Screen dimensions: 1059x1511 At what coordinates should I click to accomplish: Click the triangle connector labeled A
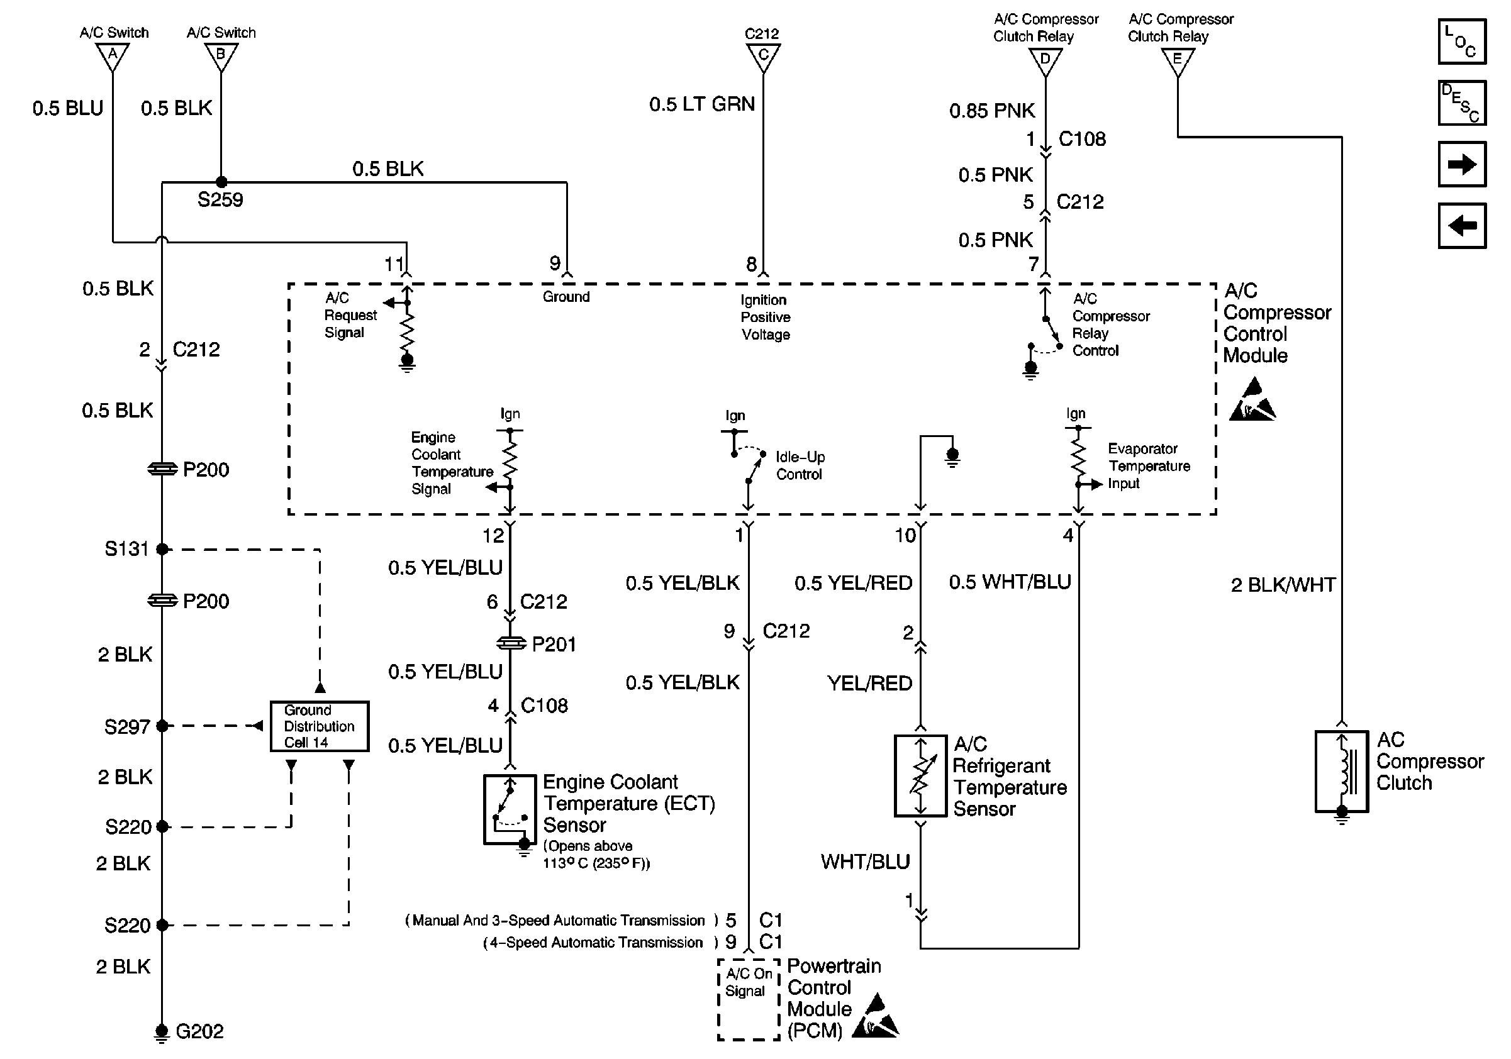113,55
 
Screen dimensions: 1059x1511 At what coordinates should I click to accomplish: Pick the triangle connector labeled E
1178,61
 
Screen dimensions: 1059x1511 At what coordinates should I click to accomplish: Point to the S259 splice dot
222,182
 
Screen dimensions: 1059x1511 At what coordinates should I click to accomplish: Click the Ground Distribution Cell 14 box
319,726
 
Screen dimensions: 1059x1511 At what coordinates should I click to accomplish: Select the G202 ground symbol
161,1031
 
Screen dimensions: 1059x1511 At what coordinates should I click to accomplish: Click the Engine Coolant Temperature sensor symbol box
510,809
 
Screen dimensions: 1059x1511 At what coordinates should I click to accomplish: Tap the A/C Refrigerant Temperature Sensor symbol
921,776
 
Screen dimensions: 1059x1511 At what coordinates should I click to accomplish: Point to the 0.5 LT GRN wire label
701,104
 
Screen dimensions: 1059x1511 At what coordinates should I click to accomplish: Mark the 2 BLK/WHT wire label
1283,585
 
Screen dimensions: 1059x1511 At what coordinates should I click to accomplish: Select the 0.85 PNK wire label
992,111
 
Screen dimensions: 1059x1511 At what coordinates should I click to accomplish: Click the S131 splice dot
162,548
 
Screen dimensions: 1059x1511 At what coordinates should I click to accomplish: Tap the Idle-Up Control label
800,466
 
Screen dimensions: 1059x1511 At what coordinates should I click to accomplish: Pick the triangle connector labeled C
764,56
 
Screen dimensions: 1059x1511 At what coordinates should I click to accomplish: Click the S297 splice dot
162,726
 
